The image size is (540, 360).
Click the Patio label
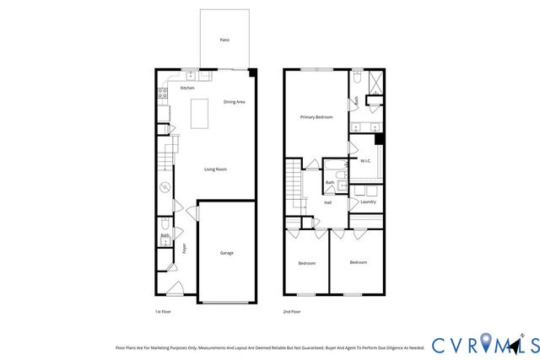[x=224, y=40]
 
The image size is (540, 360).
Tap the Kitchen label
[x=187, y=88]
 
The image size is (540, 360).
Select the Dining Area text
[x=234, y=102]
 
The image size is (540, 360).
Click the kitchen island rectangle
[x=201, y=113]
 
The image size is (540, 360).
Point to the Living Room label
[x=215, y=169]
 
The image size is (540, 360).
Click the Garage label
[x=227, y=253]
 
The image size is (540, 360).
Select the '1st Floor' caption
[x=163, y=311]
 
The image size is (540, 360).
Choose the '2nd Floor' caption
[x=291, y=311]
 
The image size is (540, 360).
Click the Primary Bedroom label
[x=317, y=117]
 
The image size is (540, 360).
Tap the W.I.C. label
[x=366, y=160]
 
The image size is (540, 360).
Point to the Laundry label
[x=368, y=201]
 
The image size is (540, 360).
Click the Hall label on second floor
[x=327, y=202]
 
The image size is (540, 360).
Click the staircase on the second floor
[x=294, y=186]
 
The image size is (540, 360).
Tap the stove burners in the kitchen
[x=159, y=95]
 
